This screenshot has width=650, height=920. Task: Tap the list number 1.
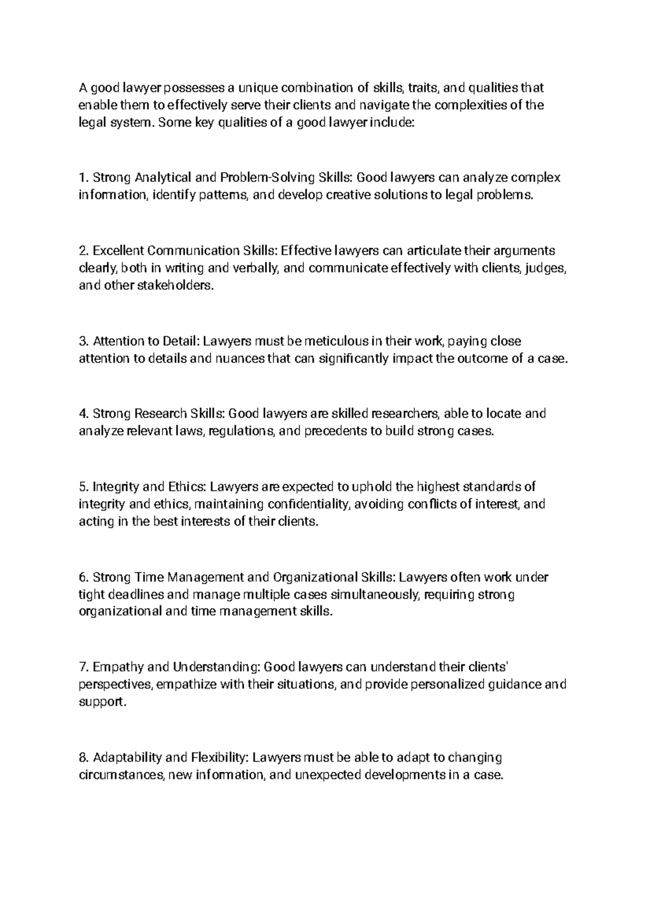coord(82,178)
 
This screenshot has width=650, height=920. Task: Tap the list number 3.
coord(82,341)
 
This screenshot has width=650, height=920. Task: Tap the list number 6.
coord(82,578)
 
